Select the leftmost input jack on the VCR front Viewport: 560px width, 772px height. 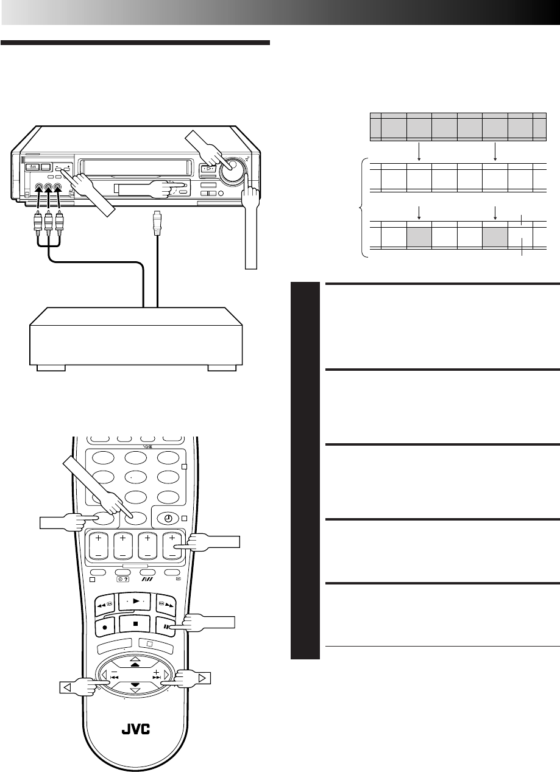[x=39, y=188]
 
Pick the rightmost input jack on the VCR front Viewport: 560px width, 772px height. [x=58, y=188]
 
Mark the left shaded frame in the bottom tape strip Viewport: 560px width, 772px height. [x=419, y=234]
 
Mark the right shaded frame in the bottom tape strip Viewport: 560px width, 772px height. [x=495, y=234]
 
